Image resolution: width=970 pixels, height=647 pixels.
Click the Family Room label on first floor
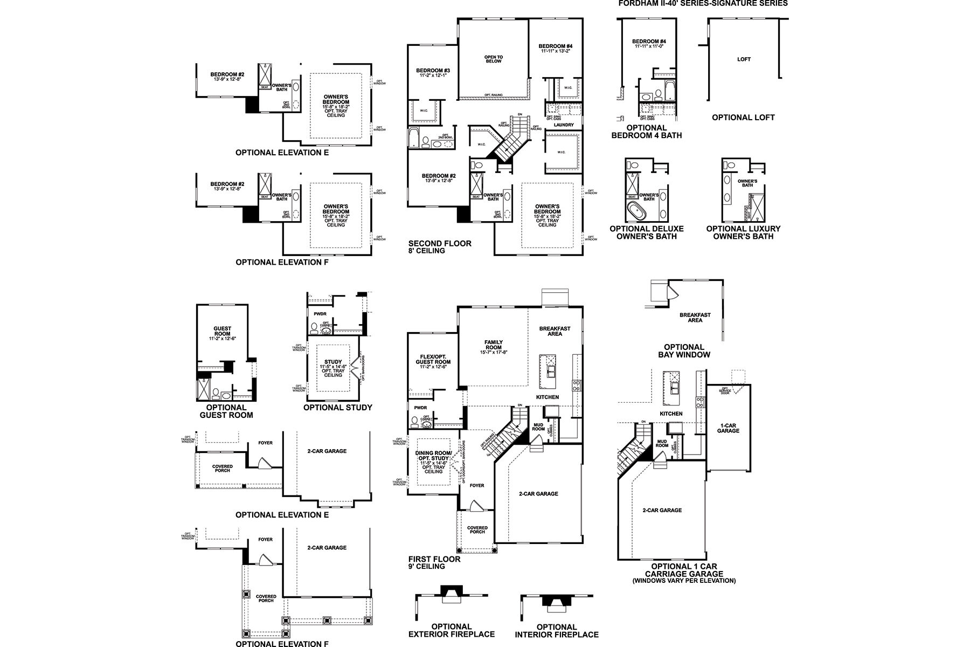coord(493,345)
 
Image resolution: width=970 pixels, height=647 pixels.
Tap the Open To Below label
coord(493,59)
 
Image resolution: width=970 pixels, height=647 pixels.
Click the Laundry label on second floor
coord(564,125)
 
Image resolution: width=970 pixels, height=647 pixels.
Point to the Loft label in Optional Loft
coord(744,59)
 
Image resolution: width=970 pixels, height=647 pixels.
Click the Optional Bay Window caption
coord(684,350)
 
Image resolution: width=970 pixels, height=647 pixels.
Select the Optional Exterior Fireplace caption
coord(451,630)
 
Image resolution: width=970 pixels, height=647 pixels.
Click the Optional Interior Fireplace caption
coord(557,630)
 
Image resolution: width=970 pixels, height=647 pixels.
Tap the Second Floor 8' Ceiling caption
coord(440,246)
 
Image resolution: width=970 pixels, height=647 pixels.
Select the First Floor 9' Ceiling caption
coord(434,562)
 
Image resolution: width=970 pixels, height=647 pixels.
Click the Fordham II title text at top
coord(703,3)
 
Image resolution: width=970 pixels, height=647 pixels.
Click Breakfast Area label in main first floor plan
coord(555,331)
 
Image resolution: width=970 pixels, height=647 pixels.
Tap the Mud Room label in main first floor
coord(538,427)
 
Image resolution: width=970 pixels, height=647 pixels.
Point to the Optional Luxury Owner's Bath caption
coord(743,232)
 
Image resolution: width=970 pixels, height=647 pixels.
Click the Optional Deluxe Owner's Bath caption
coord(647,232)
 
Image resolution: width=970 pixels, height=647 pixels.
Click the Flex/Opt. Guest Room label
coord(435,360)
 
